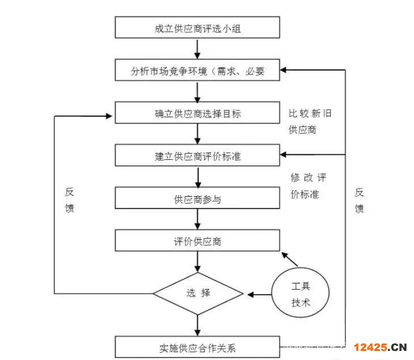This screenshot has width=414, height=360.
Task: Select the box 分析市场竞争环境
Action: point(197,71)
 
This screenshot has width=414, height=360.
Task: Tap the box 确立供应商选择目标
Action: point(197,113)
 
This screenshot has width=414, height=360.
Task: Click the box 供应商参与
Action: point(197,198)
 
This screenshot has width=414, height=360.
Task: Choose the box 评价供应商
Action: point(197,241)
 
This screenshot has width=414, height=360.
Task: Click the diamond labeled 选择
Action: point(198,294)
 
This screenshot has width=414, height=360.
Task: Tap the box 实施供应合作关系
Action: point(197,346)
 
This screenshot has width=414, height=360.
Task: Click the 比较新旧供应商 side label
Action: point(309,122)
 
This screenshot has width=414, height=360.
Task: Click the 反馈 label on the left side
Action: point(69,200)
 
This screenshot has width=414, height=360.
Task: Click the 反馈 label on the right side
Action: point(359,200)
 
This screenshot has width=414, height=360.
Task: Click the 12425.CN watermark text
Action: point(381,347)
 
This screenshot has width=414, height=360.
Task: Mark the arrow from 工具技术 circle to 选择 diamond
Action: point(258,294)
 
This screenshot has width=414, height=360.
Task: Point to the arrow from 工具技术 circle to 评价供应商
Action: point(290,260)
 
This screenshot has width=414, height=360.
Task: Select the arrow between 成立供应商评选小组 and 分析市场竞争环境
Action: point(197,50)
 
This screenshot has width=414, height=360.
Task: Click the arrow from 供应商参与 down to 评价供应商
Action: point(197,219)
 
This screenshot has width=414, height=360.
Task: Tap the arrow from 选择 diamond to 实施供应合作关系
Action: point(197,324)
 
